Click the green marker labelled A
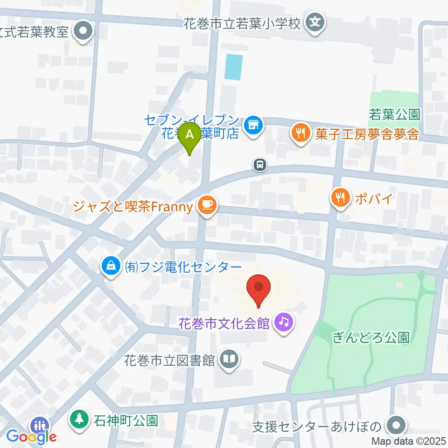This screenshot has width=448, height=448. pyautogui.click(x=189, y=136)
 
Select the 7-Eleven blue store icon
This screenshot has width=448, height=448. pyautogui.click(x=254, y=125)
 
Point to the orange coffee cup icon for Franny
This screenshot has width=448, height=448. pyautogui.click(x=206, y=205)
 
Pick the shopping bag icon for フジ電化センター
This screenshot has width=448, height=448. pyautogui.click(x=111, y=266)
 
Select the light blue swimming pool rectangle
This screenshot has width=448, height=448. pyautogui.click(x=233, y=67)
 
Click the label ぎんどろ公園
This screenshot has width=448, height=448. pyautogui.click(x=371, y=337)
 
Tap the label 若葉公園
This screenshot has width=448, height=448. pyautogui.click(x=395, y=113)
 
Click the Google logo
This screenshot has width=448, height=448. pyautogui.click(x=31, y=436)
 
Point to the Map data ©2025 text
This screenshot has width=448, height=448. pyautogui.click(x=408, y=441)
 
